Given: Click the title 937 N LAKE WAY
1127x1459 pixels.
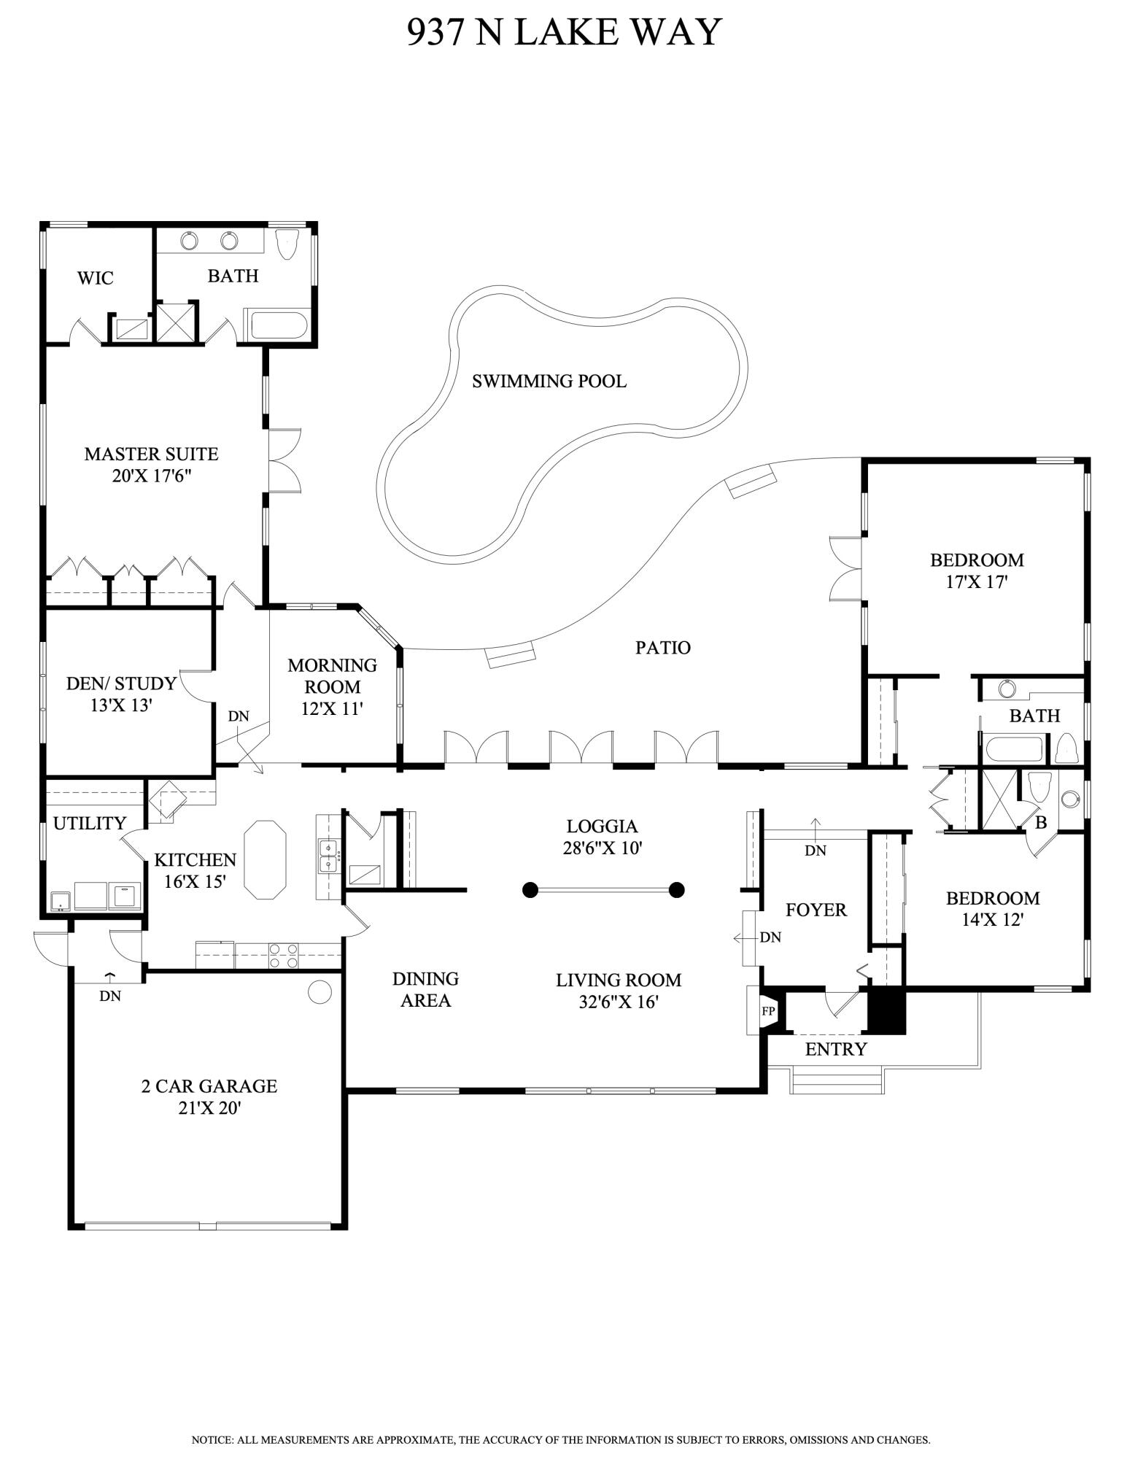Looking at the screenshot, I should pos(563,32).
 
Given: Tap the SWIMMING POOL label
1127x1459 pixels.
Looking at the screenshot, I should pos(549,381).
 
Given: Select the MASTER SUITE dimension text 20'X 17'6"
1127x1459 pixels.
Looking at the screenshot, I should pos(152,476).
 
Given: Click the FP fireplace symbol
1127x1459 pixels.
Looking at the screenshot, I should pos(768,1011).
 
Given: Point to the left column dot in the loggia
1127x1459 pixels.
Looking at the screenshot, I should pos(530,889).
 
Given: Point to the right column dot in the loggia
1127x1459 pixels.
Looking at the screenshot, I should pos(677,889).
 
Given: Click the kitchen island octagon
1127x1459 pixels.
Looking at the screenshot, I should pos(265,860).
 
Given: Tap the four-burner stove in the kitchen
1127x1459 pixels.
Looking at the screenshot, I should pos(284,956).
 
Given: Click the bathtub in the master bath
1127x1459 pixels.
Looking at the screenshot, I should pos(279,325).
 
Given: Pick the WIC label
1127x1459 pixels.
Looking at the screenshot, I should pos(96,278).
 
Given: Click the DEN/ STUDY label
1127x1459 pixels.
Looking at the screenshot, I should pos(121,684).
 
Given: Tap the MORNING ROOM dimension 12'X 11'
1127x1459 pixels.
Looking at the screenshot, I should pos(332,708).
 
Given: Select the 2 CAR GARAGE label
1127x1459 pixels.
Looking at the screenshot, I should pos(209,1086).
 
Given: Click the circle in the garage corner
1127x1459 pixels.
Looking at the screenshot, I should pos(319,991).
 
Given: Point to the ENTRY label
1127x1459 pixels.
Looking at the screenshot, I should pos(835,1049).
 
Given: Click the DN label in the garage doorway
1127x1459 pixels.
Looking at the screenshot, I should pos(110,995).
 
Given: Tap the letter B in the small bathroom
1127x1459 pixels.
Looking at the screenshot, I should pos(1041,823).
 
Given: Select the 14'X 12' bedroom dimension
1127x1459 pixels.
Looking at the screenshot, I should pos(992,920).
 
